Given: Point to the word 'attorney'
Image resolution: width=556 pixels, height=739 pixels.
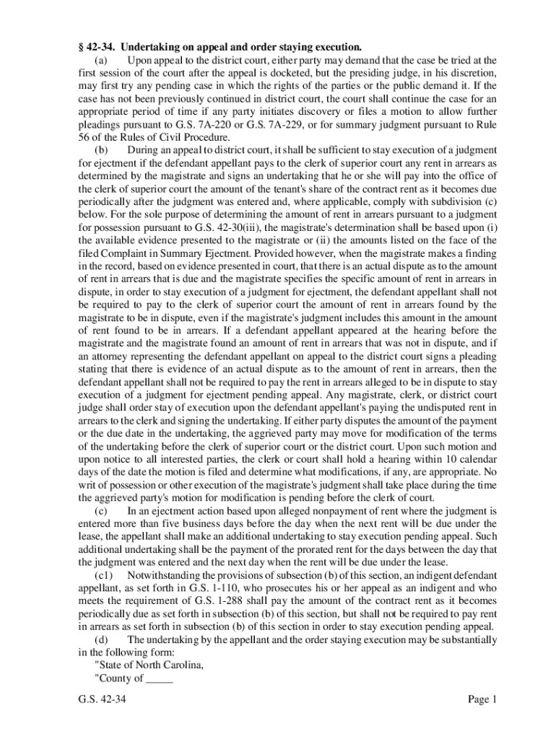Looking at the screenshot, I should pyautogui.click(x=113, y=357).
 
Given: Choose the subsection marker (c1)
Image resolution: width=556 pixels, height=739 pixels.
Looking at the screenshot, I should pyautogui.click(x=104, y=575).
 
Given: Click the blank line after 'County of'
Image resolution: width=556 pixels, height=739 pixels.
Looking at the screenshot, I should pyautogui.click(x=160, y=678).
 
